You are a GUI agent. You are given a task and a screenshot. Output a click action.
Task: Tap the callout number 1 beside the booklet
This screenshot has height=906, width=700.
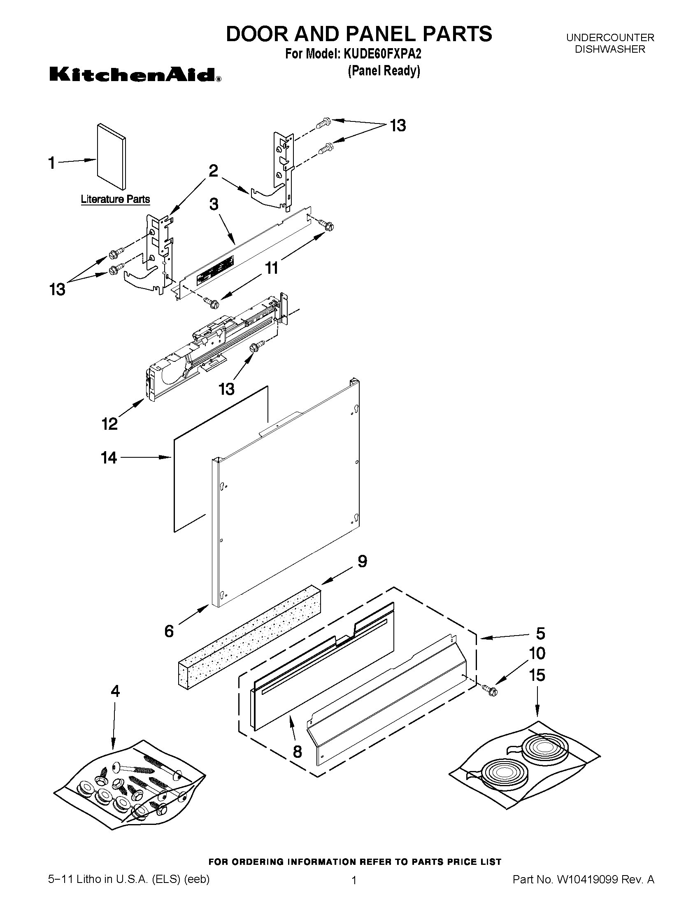click(x=51, y=163)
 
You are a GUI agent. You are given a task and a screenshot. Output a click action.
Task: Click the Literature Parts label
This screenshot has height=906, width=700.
click(x=115, y=199)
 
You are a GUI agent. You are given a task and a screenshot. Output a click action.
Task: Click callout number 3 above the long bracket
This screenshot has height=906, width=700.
click(x=214, y=205)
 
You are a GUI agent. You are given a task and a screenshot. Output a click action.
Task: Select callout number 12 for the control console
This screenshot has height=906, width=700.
click(x=109, y=424)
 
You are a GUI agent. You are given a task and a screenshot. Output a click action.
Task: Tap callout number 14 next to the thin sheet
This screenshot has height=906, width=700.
click(x=109, y=458)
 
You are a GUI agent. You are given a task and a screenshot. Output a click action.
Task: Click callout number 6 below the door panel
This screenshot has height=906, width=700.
click(x=169, y=631)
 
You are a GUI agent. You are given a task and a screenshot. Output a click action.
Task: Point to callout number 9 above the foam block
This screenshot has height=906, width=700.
click(x=362, y=562)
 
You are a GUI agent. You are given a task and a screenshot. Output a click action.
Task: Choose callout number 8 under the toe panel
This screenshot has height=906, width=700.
click(x=297, y=752)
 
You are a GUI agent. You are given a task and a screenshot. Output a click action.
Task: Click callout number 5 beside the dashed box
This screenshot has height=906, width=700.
click(x=540, y=634)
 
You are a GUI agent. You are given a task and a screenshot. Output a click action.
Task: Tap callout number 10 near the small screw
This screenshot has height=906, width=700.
click(x=537, y=653)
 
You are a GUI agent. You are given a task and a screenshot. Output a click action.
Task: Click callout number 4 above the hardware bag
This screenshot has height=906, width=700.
click(x=115, y=691)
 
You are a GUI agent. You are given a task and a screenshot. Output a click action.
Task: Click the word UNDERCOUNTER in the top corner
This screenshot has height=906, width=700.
click(x=610, y=38)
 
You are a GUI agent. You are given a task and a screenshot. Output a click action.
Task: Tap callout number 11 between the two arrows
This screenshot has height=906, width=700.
click(x=272, y=268)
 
